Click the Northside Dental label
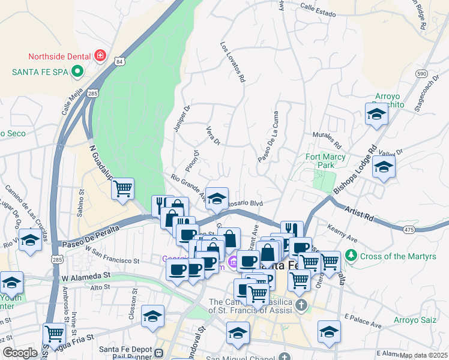click(x=59, y=58)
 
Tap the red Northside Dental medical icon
click(x=100, y=57)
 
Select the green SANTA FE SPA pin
click(x=77, y=72)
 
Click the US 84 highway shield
click(x=121, y=61)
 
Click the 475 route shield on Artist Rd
click(x=409, y=229)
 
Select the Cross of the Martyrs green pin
click(x=352, y=256)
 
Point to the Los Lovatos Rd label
click(x=233, y=62)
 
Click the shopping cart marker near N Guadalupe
click(x=122, y=188)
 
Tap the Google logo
click(x=20, y=353)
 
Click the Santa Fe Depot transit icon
click(x=159, y=353)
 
